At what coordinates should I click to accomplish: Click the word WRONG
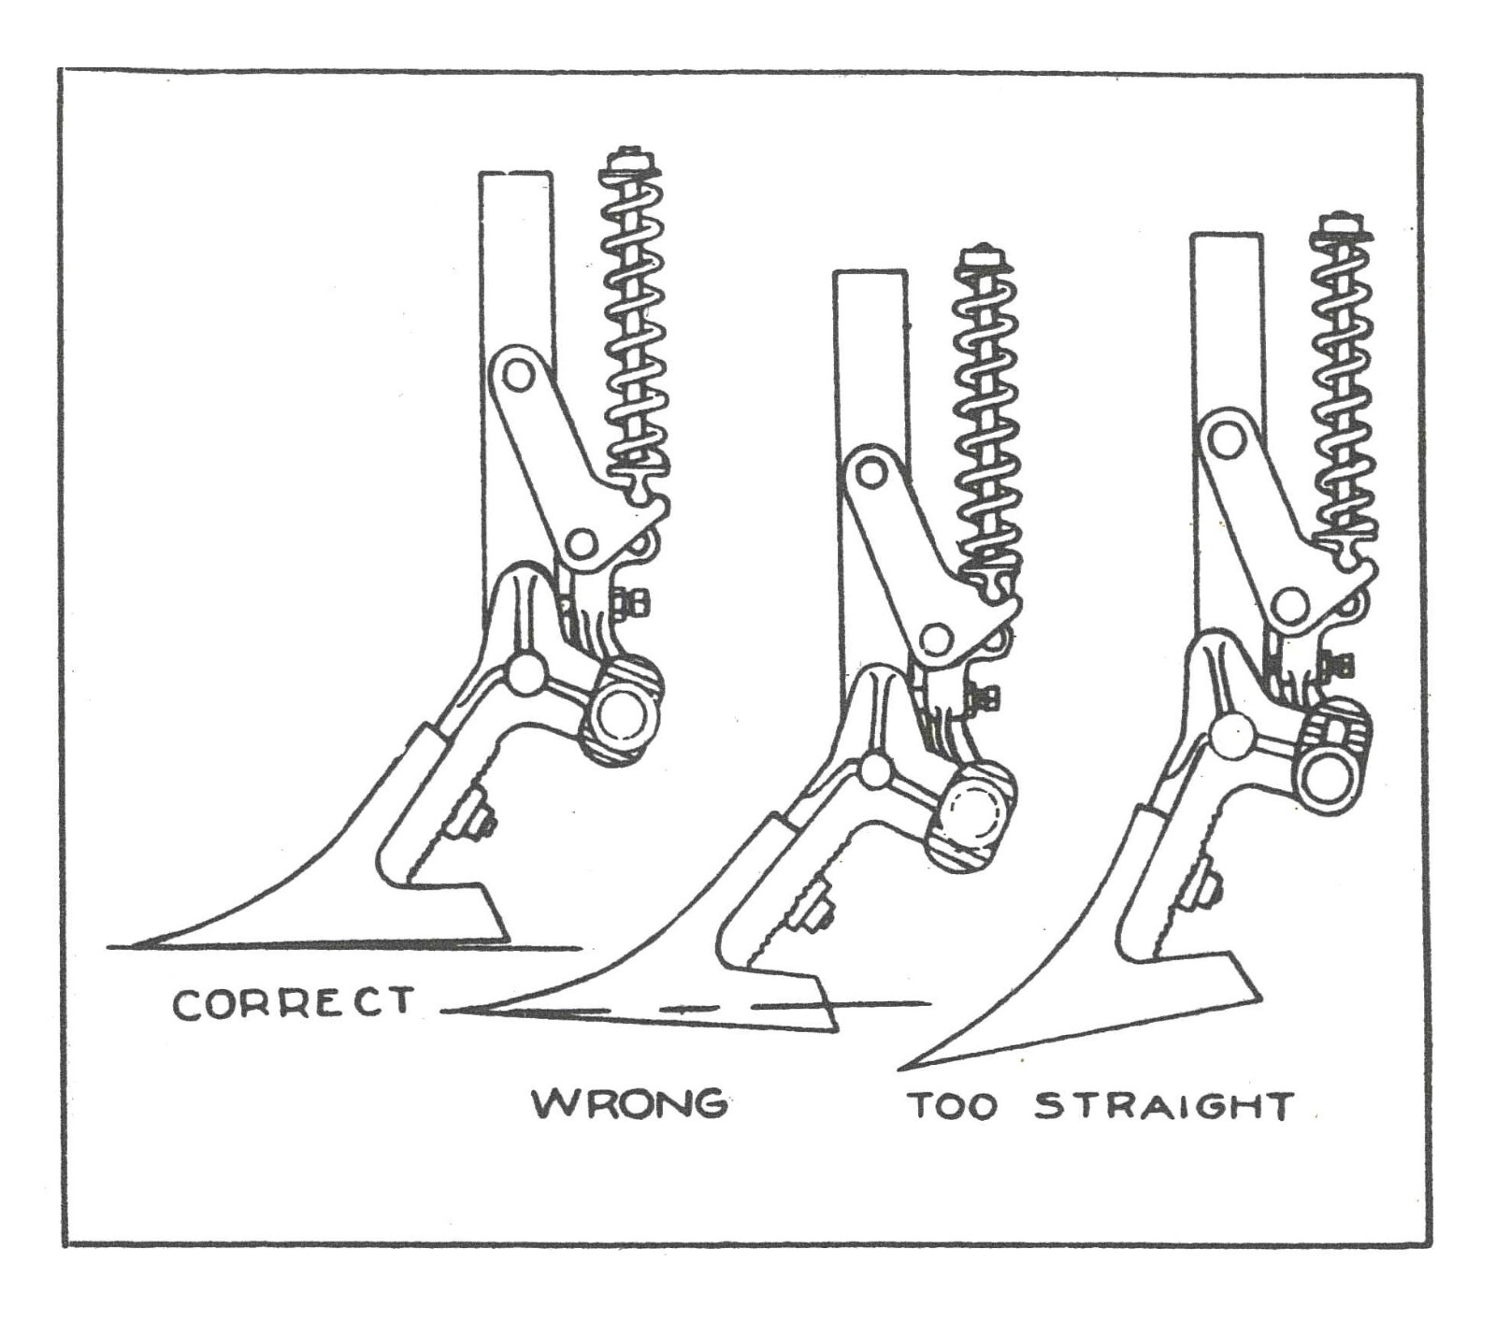[630, 1103]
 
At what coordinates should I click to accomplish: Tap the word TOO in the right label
[954, 1106]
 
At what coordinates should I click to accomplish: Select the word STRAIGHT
[1165, 1106]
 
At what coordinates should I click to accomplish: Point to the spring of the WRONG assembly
[985, 421]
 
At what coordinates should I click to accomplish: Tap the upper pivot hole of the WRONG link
[871, 472]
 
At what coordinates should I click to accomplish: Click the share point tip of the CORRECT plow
[136, 944]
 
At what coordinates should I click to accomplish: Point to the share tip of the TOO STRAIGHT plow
[902, 1067]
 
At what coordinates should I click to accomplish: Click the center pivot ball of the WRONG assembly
[875, 769]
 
